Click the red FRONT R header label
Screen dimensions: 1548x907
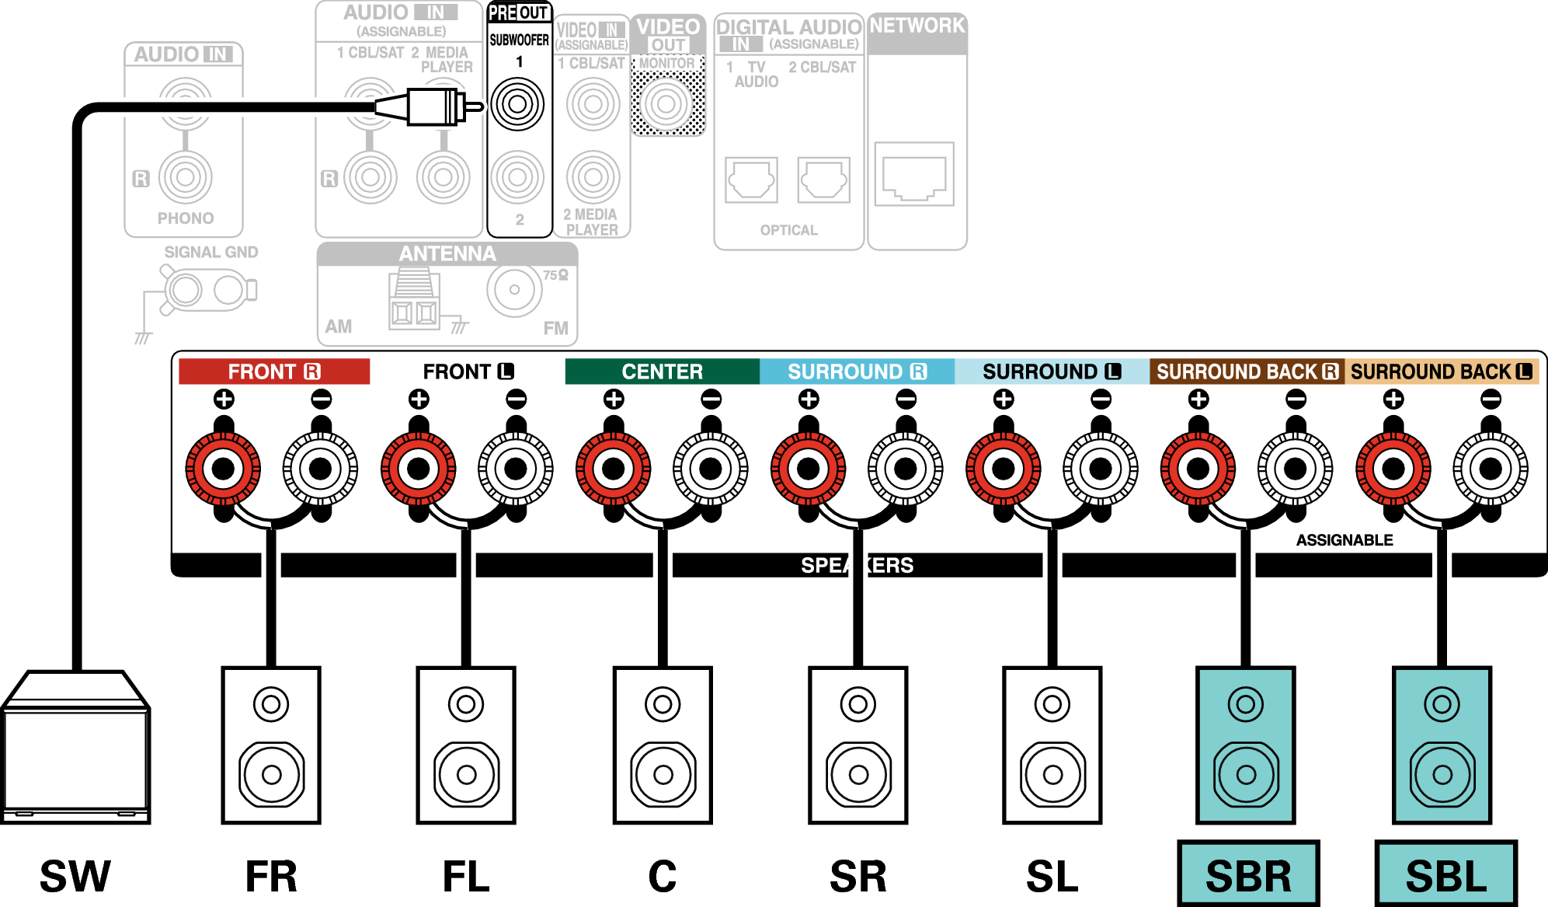[274, 372]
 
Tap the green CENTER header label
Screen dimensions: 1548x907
[663, 372]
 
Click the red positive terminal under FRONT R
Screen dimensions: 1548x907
[223, 469]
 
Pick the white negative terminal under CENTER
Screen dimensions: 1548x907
[711, 469]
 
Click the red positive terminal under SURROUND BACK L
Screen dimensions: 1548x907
[1393, 469]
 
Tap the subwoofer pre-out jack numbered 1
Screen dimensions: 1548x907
[517, 103]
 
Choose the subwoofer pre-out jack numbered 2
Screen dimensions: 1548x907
[517, 177]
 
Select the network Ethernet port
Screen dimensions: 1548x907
[914, 174]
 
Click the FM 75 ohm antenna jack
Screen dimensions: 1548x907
[514, 290]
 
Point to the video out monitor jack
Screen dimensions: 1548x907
[666, 103]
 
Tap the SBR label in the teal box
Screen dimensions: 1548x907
[1248, 876]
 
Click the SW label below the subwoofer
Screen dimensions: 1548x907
[75, 876]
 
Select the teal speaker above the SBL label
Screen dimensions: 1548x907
[1442, 745]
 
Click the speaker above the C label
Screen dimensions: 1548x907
[663, 745]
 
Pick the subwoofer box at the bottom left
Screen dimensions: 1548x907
[75, 747]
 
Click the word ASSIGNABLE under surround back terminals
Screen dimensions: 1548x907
[1344, 540]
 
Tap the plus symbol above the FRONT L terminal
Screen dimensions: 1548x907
[419, 399]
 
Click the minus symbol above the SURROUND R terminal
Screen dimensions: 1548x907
[906, 399]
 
